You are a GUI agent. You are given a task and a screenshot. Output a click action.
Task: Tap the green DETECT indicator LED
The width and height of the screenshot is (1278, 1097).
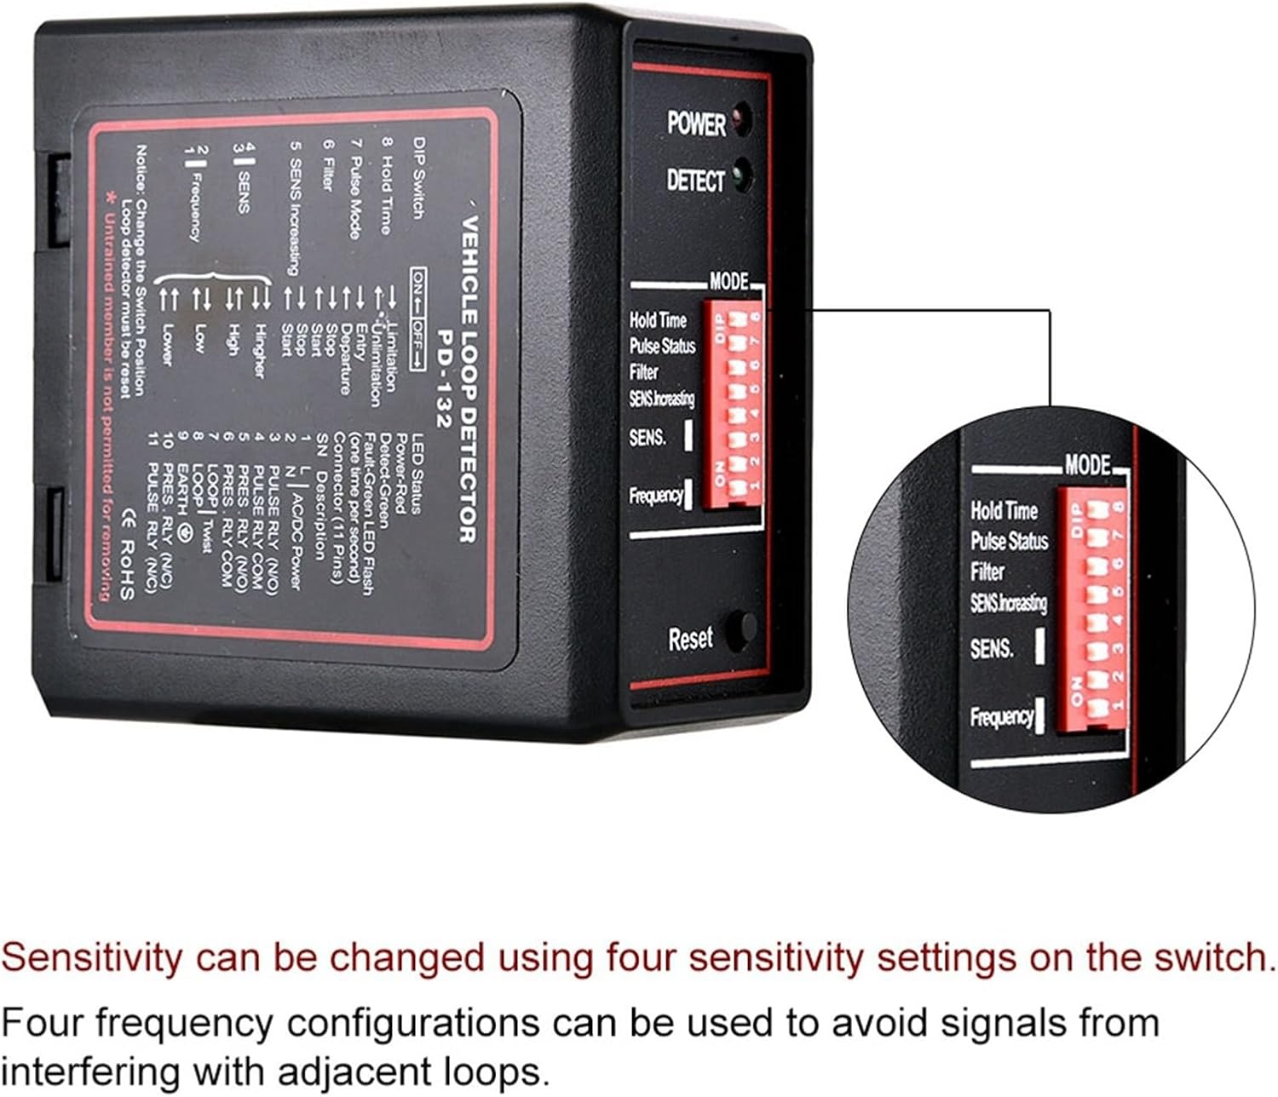(740, 175)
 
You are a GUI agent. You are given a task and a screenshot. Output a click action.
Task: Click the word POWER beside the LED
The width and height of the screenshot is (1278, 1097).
(696, 123)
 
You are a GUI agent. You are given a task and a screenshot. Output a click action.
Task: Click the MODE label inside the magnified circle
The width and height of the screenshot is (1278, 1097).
(1088, 465)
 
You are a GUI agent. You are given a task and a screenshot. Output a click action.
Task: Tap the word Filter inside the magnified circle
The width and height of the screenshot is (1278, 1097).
(987, 571)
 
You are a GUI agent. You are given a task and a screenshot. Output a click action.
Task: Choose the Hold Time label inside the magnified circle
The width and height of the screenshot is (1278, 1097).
(1004, 510)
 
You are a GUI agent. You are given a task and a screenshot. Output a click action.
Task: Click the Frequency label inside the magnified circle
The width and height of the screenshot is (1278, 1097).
(1001, 716)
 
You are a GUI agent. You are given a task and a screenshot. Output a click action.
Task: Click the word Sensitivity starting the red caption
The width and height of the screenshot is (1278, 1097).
(91, 958)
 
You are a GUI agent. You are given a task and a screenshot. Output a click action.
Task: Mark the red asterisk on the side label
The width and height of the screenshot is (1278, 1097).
(108, 198)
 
